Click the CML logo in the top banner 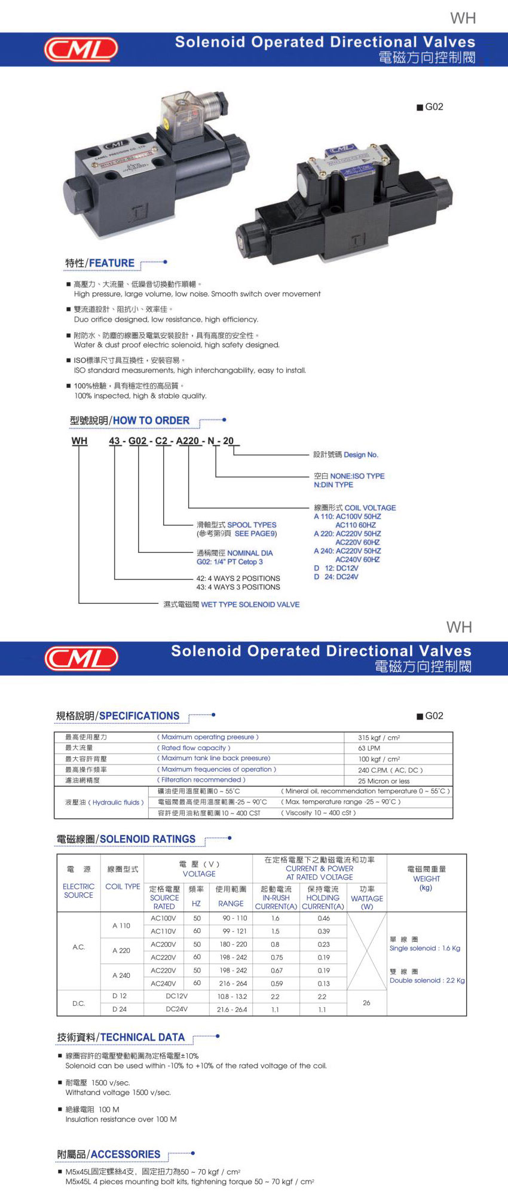pyautogui.click(x=81, y=50)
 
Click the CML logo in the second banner pyautogui.click(x=81, y=659)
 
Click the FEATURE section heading pyautogui.click(x=112, y=263)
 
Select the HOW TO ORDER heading pyautogui.click(x=151, y=421)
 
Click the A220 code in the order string pyautogui.click(x=188, y=441)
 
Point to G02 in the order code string pyautogui.click(x=137, y=441)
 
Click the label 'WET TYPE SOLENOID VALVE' pyautogui.click(x=250, y=604)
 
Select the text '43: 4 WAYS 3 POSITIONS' pyautogui.click(x=238, y=587)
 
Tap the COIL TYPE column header pyautogui.click(x=123, y=886)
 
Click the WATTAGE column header pyautogui.click(x=367, y=898)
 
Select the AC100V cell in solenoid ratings pyautogui.click(x=163, y=918)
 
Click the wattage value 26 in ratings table pyautogui.click(x=366, y=1002)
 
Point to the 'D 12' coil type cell pyautogui.click(x=120, y=996)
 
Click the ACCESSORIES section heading pyautogui.click(x=126, y=1154)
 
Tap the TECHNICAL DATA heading pyautogui.click(x=142, y=1037)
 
